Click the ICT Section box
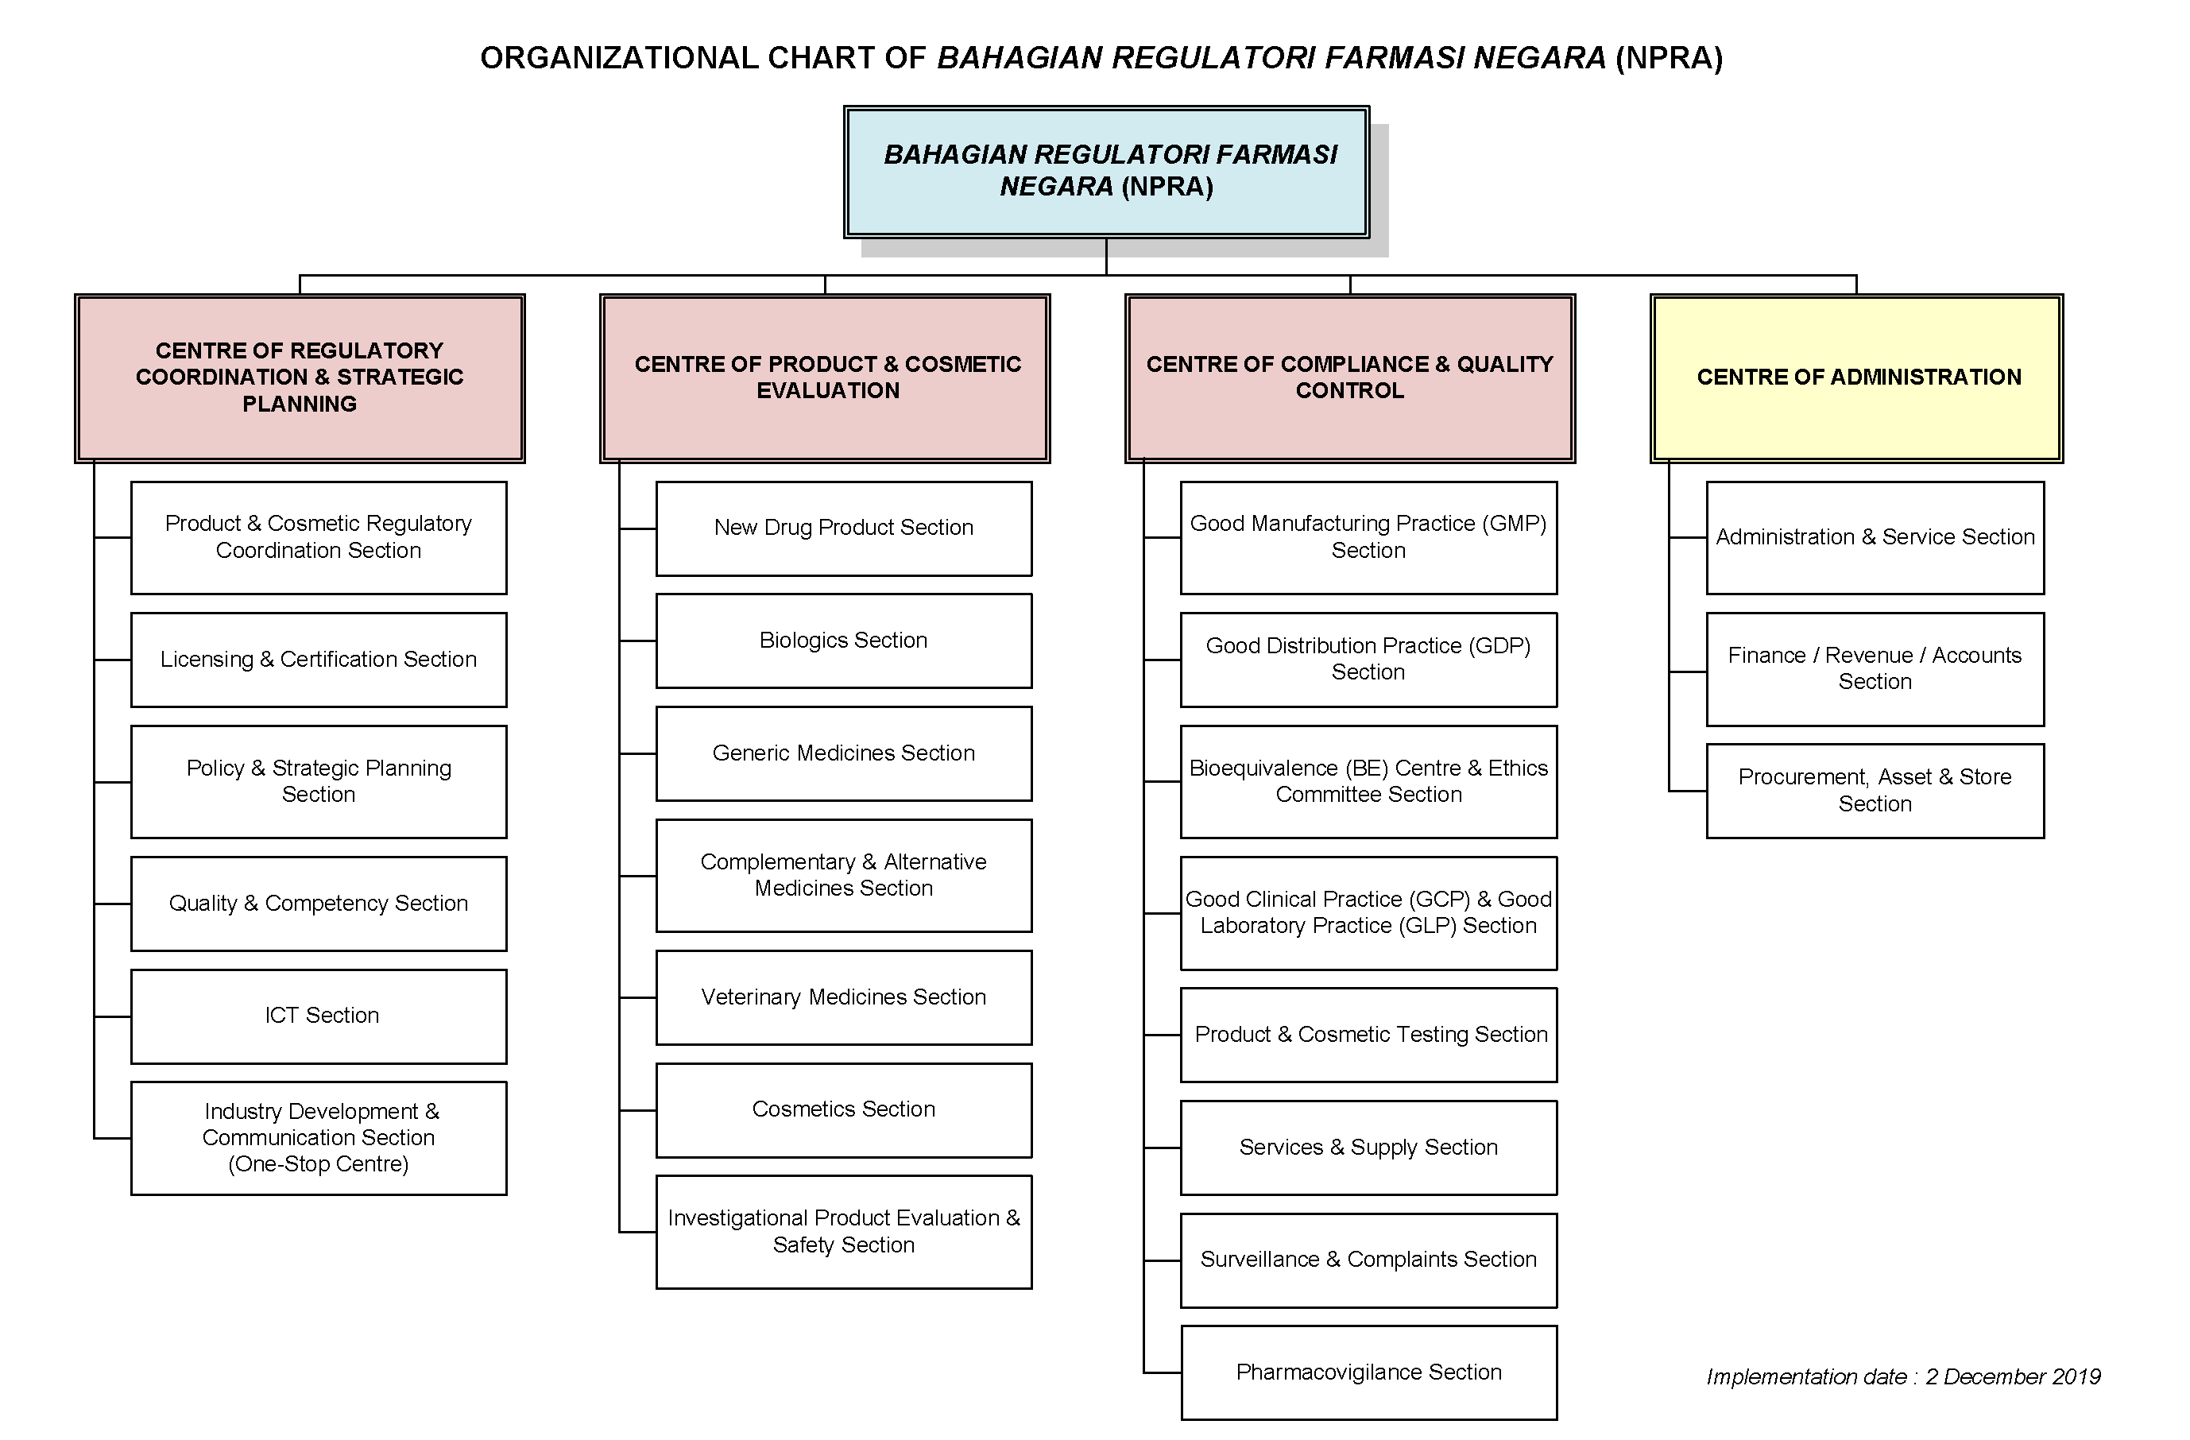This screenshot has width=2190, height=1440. click(x=319, y=1016)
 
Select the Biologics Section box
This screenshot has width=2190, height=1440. click(x=843, y=641)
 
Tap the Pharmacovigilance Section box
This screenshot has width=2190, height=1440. click(x=1368, y=1372)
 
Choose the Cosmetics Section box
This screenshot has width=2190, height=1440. click(x=843, y=1109)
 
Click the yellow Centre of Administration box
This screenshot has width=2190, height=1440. click(x=1857, y=377)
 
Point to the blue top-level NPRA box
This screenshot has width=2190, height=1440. click(x=1106, y=171)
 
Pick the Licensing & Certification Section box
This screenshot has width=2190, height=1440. click(x=319, y=660)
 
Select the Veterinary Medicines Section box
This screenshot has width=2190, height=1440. click(x=843, y=997)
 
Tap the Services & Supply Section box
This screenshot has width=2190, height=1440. click(x=1368, y=1148)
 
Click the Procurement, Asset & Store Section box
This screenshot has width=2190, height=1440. click(x=1875, y=791)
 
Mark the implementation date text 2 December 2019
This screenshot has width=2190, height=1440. click(x=2013, y=1376)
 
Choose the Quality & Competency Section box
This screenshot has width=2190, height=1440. click(x=319, y=904)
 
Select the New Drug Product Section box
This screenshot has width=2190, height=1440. click(x=843, y=528)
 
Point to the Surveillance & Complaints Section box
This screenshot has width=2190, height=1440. click(x=1368, y=1260)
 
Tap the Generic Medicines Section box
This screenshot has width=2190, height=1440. click(x=843, y=753)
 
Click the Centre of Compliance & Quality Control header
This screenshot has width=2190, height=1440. click(x=1349, y=377)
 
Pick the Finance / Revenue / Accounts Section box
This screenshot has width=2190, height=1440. click(x=1875, y=669)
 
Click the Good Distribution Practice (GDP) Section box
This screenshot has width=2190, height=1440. click(x=1368, y=660)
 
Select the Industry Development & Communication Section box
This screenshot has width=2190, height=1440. click(x=319, y=1138)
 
